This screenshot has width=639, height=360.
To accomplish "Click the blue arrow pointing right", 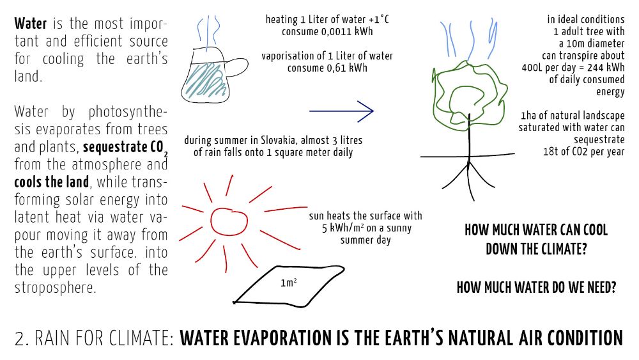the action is click(x=341, y=111).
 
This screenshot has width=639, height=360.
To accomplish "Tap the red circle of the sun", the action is click(x=211, y=222).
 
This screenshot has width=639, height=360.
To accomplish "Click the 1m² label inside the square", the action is click(x=289, y=282).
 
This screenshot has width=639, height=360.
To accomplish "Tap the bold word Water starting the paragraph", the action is click(x=31, y=24).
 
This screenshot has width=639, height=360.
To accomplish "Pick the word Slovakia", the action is click(x=277, y=140).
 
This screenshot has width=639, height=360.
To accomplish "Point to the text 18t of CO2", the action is click(x=567, y=152).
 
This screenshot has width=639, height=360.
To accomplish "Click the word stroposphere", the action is click(x=56, y=288).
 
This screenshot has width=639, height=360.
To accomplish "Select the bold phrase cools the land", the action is click(x=52, y=182).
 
